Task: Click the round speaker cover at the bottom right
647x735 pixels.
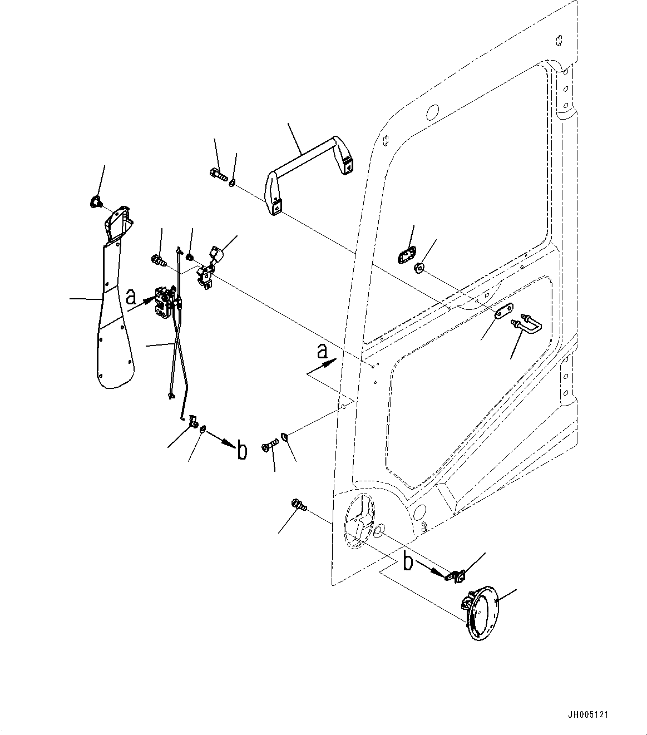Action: point(481,612)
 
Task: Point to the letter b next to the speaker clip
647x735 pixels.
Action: point(408,563)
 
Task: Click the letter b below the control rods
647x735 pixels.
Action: point(241,451)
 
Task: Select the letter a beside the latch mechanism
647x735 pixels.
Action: point(131,296)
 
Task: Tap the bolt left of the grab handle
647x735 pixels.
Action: point(218,176)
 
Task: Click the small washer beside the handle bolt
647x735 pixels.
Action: point(232,182)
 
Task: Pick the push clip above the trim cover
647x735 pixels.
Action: point(95,201)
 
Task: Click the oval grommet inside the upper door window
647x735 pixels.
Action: point(406,255)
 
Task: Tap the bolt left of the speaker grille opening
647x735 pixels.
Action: point(298,506)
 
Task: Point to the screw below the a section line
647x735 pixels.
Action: point(270,446)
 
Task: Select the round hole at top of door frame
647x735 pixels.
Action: point(431,112)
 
